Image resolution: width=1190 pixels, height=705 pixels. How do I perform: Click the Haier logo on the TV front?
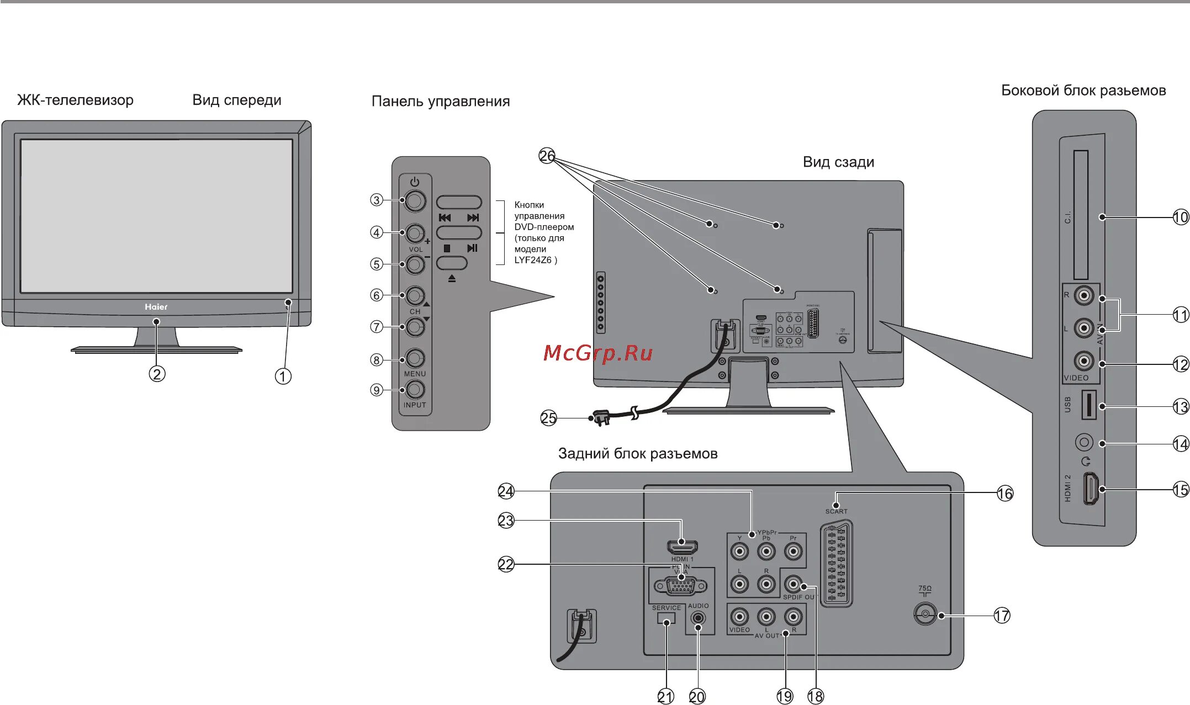point(156,307)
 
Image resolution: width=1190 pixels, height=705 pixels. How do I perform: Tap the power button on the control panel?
point(415,200)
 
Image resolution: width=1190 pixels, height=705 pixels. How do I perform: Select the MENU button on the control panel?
point(415,359)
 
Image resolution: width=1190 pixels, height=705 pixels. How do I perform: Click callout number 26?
point(547,156)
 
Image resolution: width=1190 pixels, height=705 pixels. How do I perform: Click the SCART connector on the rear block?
point(836,563)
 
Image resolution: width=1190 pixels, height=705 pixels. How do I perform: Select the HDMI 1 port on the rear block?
point(683,547)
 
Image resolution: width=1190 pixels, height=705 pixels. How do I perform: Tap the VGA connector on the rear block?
point(680,586)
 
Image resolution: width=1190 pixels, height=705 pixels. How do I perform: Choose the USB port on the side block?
point(1088,404)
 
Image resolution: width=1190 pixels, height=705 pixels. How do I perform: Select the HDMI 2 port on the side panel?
point(1090,489)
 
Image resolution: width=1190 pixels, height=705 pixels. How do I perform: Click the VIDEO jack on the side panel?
point(1083,361)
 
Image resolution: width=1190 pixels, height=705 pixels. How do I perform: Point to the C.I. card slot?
point(1081,215)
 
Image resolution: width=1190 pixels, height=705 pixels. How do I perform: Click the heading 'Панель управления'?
point(440,102)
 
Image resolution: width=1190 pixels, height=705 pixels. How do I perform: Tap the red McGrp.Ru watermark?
point(597,353)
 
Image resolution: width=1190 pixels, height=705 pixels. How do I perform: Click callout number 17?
point(1002,616)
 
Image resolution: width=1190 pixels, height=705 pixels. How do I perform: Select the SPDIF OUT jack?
point(793,584)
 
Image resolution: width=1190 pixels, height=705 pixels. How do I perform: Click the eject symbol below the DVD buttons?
point(452,279)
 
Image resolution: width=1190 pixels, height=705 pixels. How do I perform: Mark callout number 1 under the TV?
point(283,377)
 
